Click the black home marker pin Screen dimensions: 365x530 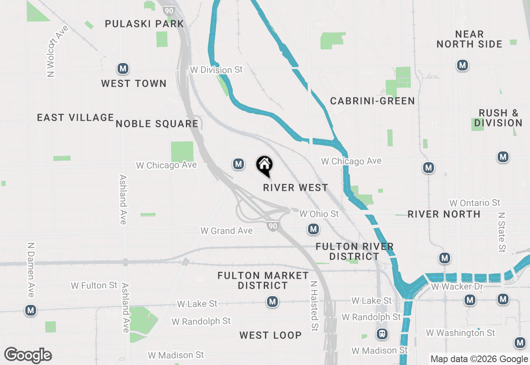point(264,165)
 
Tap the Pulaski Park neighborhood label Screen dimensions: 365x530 point(144,24)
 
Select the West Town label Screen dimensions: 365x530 point(134,83)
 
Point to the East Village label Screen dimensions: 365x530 point(75,118)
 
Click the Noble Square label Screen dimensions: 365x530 point(157,124)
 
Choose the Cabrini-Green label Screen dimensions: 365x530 point(372,101)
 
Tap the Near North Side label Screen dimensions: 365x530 point(469,39)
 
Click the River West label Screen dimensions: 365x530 point(296,188)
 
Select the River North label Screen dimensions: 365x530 point(444,214)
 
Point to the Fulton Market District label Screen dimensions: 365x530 point(263,280)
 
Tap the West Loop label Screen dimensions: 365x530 point(270,335)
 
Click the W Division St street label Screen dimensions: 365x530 point(216,70)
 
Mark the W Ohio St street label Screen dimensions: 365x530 point(319,214)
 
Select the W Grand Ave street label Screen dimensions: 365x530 point(226,231)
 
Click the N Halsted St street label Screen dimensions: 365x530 point(314,306)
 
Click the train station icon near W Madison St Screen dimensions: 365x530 point(382,333)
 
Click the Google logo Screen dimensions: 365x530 point(28,355)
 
